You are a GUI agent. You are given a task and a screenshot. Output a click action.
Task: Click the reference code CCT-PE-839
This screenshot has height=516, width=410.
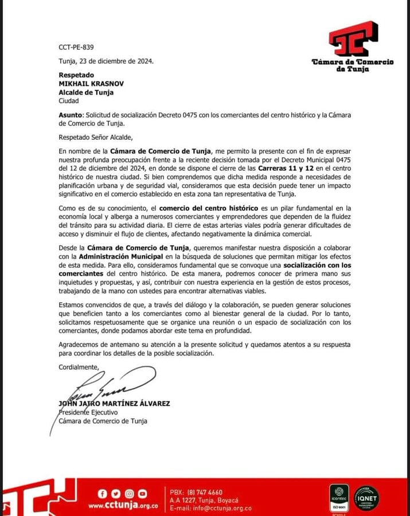(x=76, y=48)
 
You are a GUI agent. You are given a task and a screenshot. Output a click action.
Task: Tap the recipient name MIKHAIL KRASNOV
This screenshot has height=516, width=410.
(x=91, y=83)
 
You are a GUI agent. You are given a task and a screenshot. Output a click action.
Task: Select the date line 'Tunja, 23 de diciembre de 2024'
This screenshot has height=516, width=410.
(x=106, y=61)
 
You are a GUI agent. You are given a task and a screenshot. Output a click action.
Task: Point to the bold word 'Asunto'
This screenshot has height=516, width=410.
(x=70, y=115)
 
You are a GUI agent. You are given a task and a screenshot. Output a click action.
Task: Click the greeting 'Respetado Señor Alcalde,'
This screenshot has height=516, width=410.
(x=95, y=136)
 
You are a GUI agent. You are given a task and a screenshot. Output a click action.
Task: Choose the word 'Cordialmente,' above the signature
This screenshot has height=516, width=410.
(x=79, y=366)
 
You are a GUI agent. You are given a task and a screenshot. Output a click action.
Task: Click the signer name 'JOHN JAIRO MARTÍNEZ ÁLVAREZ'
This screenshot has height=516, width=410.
(x=114, y=404)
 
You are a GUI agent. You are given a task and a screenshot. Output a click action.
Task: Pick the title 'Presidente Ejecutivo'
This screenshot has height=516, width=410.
(x=88, y=412)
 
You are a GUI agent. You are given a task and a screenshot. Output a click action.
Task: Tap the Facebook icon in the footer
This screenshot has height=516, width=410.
(x=103, y=493)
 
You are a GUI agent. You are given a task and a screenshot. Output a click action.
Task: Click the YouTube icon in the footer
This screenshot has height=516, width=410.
(x=142, y=493)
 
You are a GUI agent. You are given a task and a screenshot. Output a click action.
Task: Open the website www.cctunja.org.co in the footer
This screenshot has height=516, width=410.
(x=123, y=506)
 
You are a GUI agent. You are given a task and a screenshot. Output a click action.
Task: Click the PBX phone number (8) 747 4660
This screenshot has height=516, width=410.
(x=204, y=492)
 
